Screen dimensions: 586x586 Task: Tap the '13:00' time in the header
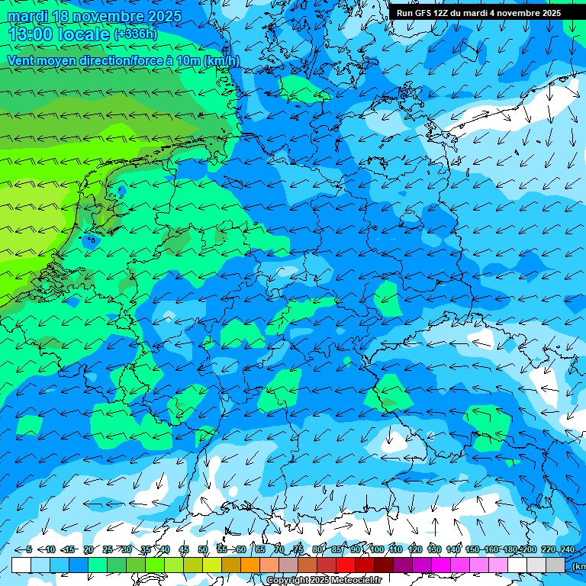29,34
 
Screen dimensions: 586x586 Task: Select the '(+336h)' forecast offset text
137,34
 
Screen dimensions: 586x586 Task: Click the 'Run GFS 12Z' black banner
478,12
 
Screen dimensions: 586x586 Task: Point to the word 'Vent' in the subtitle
22,60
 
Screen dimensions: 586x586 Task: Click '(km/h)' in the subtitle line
221,60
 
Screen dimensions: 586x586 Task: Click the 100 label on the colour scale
377,549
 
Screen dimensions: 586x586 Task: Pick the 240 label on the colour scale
567,549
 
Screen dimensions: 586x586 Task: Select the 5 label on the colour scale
29,549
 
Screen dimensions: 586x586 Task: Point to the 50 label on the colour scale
203,549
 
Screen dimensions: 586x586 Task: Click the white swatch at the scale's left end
21,565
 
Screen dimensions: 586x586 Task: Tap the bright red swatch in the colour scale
346,565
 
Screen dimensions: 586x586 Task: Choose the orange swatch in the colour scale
250,565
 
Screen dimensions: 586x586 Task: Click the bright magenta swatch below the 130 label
441,565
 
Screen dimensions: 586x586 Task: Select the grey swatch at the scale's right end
555,565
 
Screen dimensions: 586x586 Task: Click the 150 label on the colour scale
472,549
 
